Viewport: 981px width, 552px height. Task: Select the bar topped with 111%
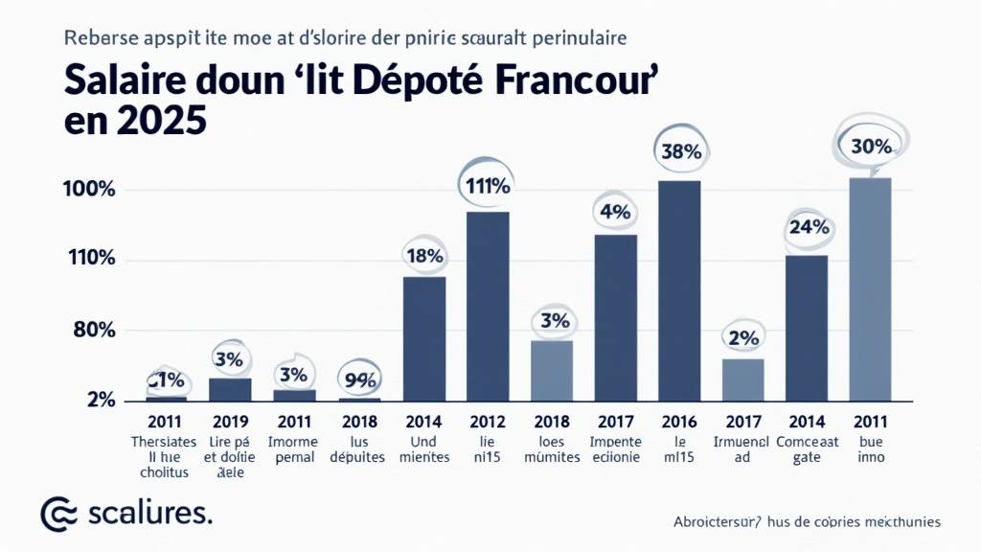(x=488, y=306)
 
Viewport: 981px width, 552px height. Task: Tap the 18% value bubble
(x=423, y=256)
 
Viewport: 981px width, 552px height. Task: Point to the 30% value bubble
(x=871, y=147)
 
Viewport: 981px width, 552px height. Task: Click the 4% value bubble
(x=615, y=212)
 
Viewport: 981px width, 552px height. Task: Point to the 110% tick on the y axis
(x=89, y=259)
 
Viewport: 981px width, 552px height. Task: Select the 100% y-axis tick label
(x=89, y=190)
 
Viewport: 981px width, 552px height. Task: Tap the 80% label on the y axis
(x=94, y=331)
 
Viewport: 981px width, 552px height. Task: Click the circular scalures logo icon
(x=57, y=514)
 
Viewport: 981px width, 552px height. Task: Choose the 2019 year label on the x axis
(x=231, y=422)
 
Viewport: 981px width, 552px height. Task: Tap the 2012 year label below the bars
(x=488, y=422)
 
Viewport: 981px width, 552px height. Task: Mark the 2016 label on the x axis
(x=679, y=422)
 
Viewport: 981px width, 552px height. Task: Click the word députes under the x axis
(x=359, y=457)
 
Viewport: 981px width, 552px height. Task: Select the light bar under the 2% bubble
(x=742, y=379)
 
